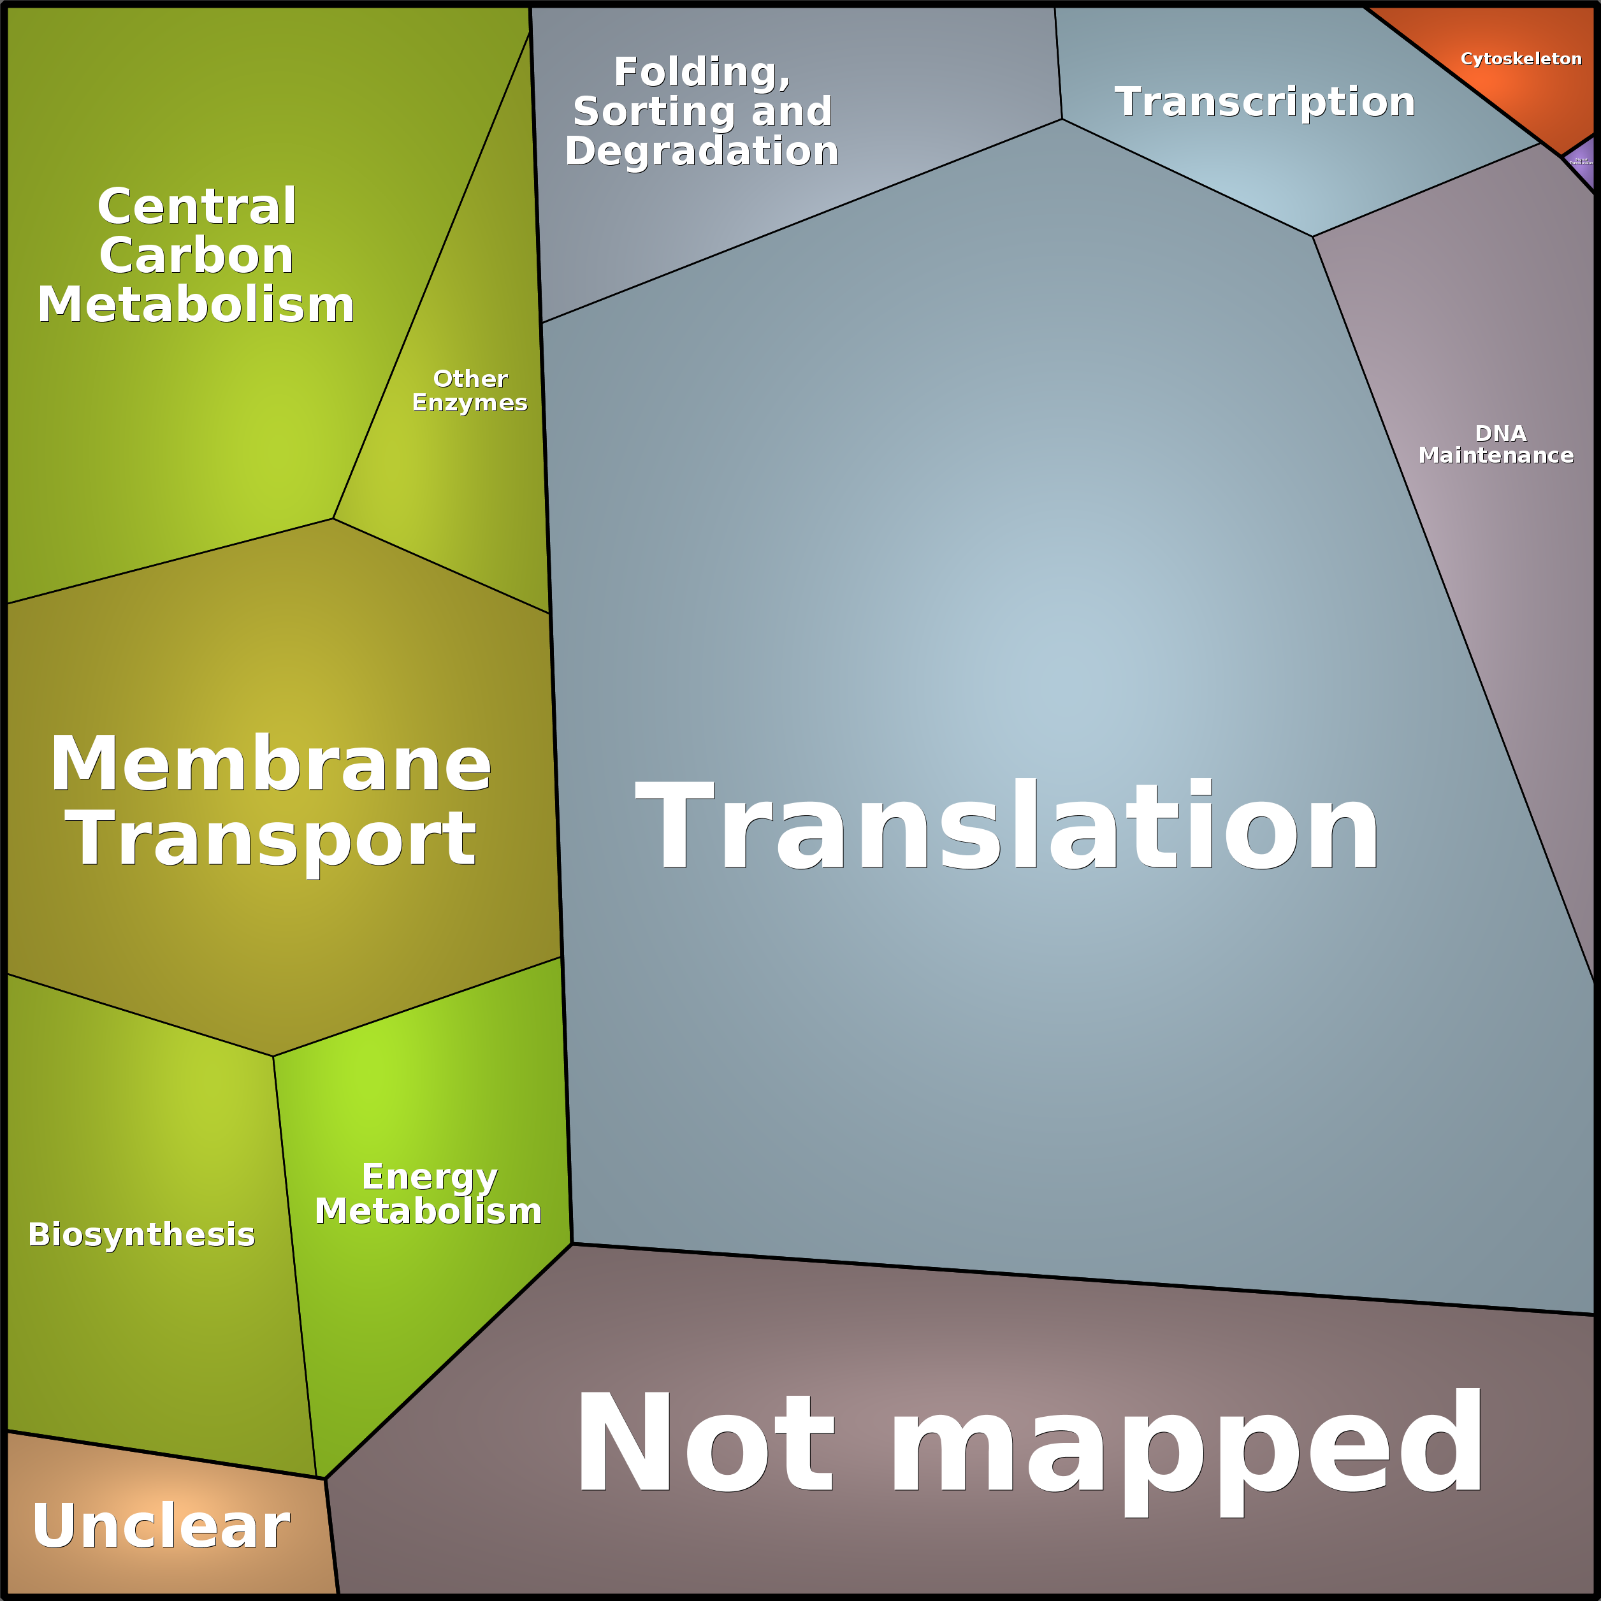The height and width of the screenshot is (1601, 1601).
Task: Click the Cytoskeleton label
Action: pyautogui.click(x=1521, y=59)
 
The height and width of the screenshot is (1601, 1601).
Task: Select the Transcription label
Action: pyautogui.click(x=1264, y=102)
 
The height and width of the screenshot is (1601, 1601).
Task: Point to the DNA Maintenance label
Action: pyautogui.click(x=1496, y=444)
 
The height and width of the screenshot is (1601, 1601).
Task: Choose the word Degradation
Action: pyautogui.click(x=701, y=152)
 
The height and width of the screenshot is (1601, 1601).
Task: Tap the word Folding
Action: pyautogui.click(x=702, y=73)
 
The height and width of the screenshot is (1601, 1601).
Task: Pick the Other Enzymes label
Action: pyautogui.click(x=470, y=390)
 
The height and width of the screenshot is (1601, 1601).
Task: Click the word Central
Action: pyautogui.click(x=196, y=206)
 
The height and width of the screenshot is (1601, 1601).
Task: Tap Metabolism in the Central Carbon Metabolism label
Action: pyautogui.click(x=196, y=305)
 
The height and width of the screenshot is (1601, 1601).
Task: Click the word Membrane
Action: pyautogui.click(x=270, y=764)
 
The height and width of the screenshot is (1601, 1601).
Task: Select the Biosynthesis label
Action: pyautogui.click(x=141, y=1235)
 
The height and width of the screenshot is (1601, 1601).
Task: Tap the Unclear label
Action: pyautogui.click(x=161, y=1526)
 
